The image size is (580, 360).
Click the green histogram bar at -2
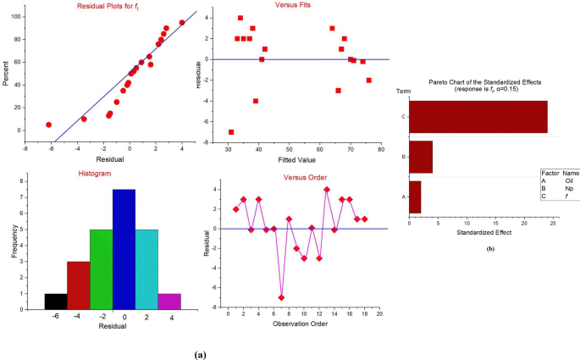click(101, 271)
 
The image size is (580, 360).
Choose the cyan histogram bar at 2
click(146, 271)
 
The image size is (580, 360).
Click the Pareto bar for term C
click(478, 116)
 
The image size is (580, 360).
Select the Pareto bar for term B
click(421, 157)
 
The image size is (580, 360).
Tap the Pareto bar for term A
click(415, 197)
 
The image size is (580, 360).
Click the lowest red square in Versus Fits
click(231, 132)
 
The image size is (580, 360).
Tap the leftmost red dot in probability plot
click(48, 125)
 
